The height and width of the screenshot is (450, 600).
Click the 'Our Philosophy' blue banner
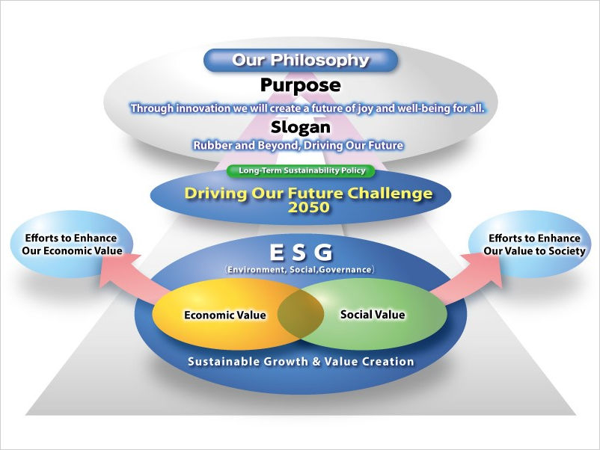tap(301, 60)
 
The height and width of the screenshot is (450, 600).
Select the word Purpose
tap(301, 85)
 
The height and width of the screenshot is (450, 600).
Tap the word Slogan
tap(301, 127)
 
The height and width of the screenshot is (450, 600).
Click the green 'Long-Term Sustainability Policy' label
tap(301, 170)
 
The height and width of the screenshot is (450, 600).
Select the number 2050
tap(308, 208)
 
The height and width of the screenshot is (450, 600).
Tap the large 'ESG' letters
tap(301, 253)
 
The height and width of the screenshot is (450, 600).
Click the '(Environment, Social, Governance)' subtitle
tap(301, 270)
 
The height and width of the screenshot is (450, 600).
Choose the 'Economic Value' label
tap(225, 315)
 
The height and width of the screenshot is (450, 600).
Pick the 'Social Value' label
tap(373, 315)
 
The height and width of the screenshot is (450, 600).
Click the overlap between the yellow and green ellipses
tap(301, 315)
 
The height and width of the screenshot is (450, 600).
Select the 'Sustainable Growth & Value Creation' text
tap(301, 362)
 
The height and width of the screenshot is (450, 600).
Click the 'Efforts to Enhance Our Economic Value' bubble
tap(72, 244)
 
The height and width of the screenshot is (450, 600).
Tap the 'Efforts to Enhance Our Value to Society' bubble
tap(530, 244)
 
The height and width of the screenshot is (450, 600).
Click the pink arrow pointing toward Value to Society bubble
tap(468, 277)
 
